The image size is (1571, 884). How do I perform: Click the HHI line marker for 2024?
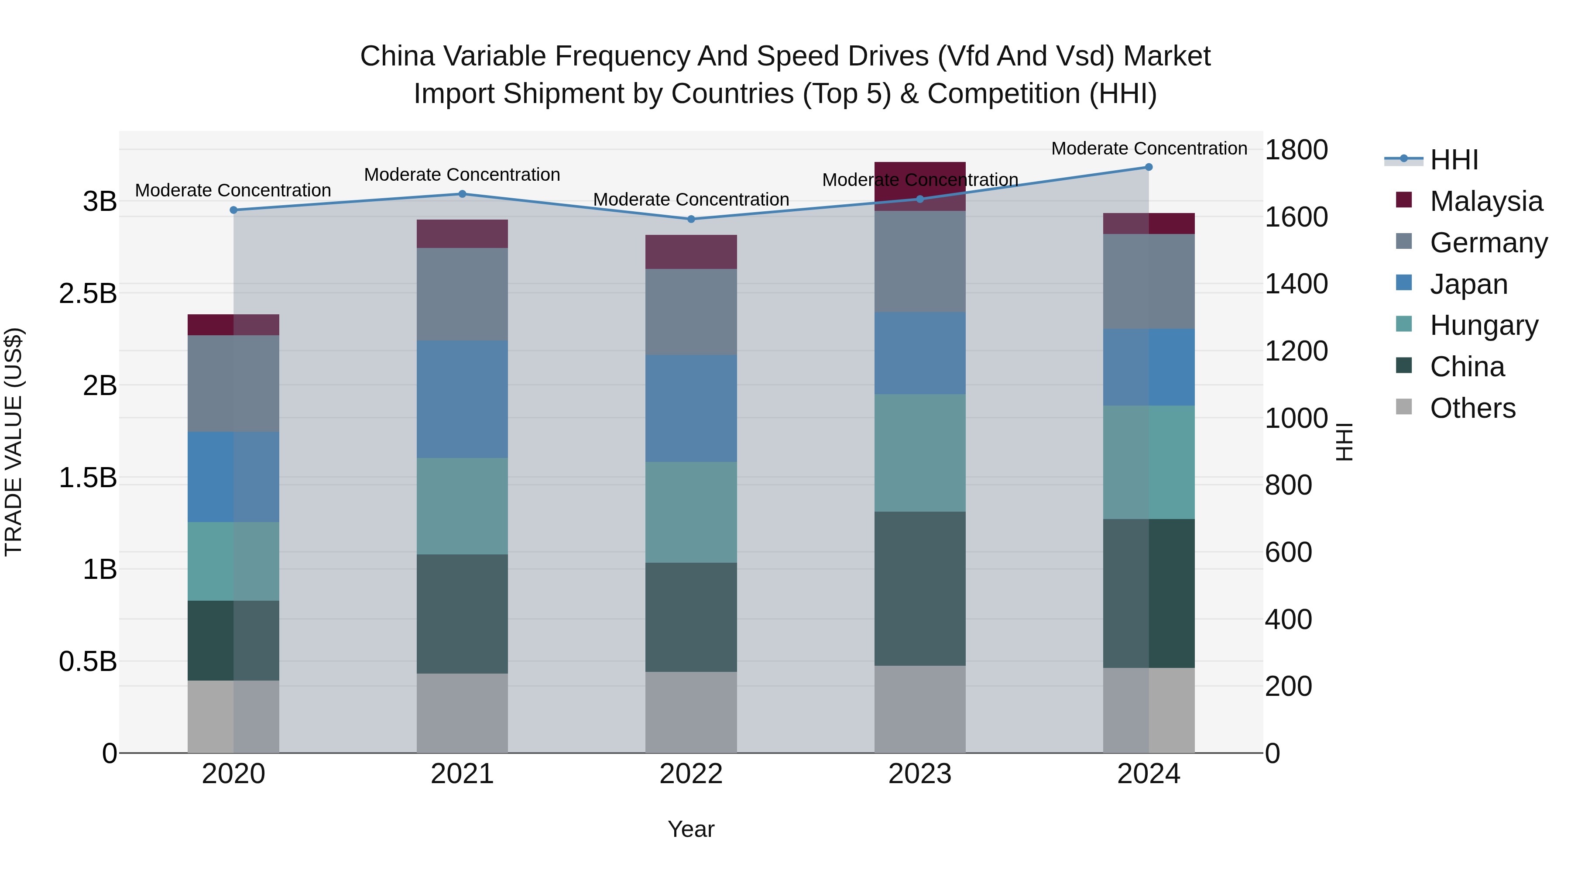[1149, 167]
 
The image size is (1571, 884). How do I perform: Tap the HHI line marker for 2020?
[233, 210]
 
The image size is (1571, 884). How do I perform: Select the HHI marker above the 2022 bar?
[691, 219]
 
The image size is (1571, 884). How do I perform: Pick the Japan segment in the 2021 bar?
[462, 399]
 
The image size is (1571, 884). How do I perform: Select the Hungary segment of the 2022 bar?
[691, 512]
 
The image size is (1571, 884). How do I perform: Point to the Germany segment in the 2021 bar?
[462, 294]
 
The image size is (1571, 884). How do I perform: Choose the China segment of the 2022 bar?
[691, 617]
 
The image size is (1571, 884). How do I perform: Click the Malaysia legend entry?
[1485, 201]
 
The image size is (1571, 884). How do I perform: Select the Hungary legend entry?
[1483, 326]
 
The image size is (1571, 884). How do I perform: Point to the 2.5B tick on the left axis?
[88, 293]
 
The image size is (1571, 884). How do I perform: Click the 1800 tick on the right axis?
[1296, 150]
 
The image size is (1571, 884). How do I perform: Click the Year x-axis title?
[691, 829]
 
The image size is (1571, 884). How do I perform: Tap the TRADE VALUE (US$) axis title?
[14, 442]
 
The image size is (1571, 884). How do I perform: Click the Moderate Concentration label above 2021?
[462, 175]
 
